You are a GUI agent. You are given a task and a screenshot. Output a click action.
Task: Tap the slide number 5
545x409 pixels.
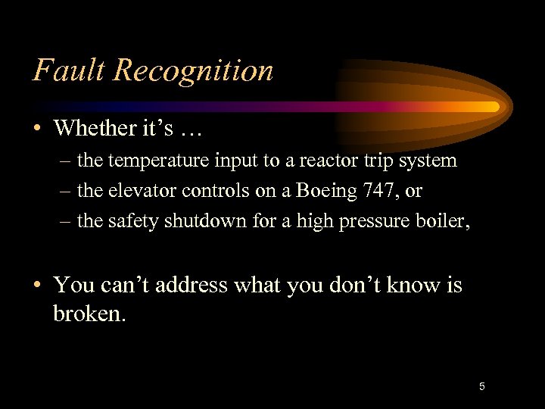coord(481,387)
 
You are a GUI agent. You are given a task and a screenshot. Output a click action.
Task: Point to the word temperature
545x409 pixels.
coord(160,161)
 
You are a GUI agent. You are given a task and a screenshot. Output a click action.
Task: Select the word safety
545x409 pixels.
coord(127,221)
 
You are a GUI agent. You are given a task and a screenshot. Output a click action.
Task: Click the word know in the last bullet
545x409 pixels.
coord(410,286)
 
